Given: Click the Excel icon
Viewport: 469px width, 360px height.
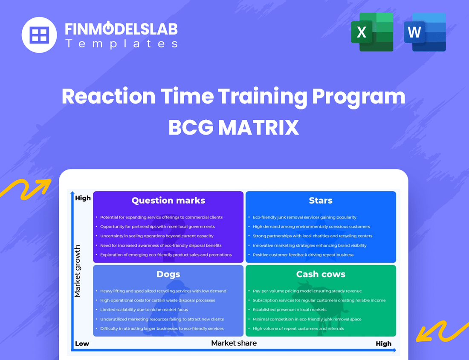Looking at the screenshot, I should (372, 32).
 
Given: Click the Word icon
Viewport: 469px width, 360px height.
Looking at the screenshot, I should (425, 32).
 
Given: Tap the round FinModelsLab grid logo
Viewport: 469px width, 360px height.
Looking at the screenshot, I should (39, 35).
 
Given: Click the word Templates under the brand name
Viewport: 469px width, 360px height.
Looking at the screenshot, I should (121, 43).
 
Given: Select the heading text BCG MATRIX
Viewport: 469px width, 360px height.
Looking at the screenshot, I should (234, 127).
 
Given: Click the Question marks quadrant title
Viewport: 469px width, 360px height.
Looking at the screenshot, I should (168, 200).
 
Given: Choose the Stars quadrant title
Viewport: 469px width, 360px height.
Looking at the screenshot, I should (321, 200).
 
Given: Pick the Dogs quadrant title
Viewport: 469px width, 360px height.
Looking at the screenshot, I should (168, 274).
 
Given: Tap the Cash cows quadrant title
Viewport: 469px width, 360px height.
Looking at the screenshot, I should (321, 274).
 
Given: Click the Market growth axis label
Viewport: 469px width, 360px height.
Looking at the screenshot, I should (78, 271).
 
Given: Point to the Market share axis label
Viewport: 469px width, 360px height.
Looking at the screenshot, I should (234, 343).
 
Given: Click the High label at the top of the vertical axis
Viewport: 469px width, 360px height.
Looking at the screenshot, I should (83, 198).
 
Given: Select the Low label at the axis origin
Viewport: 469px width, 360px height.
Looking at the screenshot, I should (82, 343).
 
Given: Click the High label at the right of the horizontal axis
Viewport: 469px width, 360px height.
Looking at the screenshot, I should (383, 343).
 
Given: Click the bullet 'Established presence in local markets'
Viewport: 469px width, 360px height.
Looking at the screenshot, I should (290, 310).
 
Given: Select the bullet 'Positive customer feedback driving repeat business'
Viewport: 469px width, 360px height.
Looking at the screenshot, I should (303, 255).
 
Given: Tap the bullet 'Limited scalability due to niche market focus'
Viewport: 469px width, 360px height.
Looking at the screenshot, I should (144, 310).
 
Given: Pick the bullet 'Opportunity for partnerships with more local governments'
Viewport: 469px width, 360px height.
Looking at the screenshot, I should (157, 227).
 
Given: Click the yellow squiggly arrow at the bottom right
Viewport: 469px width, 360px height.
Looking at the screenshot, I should (441, 331).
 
